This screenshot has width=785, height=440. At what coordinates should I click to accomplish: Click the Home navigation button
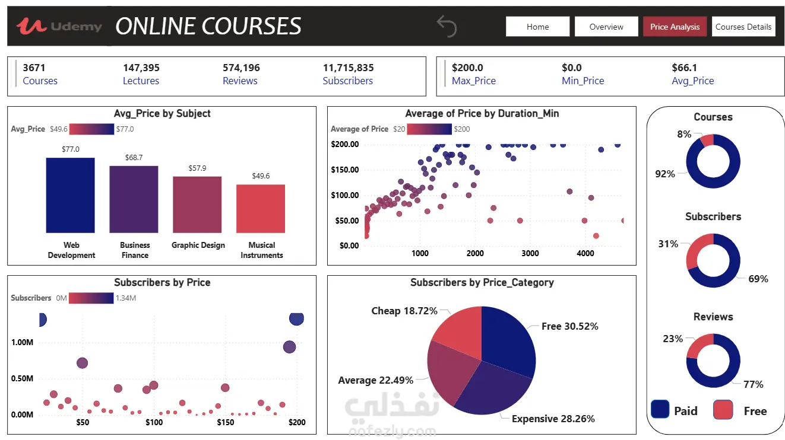point(537,27)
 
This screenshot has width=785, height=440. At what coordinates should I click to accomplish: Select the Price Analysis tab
point(675,27)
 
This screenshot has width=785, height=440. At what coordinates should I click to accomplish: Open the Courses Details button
point(743,27)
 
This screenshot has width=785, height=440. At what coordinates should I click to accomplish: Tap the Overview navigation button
point(606,27)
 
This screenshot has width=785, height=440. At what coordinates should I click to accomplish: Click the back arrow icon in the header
point(447,26)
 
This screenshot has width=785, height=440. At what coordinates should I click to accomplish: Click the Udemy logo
point(59,26)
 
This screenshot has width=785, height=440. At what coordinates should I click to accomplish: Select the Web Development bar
point(71,195)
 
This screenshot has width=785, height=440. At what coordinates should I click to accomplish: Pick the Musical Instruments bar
point(261,209)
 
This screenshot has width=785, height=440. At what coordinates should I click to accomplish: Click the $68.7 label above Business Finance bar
point(134,158)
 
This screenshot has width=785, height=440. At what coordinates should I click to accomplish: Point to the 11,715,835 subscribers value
point(349,68)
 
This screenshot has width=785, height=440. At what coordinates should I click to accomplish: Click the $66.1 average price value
point(685,68)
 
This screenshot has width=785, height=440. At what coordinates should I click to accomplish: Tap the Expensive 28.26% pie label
point(553,419)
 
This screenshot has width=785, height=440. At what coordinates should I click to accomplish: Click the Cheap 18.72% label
point(404,311)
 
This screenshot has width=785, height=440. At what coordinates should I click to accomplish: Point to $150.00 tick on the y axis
point(345,170)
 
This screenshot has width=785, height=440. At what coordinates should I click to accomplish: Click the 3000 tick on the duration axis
point(530,253)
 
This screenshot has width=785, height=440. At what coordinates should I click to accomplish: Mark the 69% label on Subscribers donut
point(758,279)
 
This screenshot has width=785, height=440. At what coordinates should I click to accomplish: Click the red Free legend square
point(723,410)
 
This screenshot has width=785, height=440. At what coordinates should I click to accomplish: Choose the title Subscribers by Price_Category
point(482,282)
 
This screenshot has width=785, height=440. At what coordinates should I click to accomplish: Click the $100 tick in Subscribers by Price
point(154,422)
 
